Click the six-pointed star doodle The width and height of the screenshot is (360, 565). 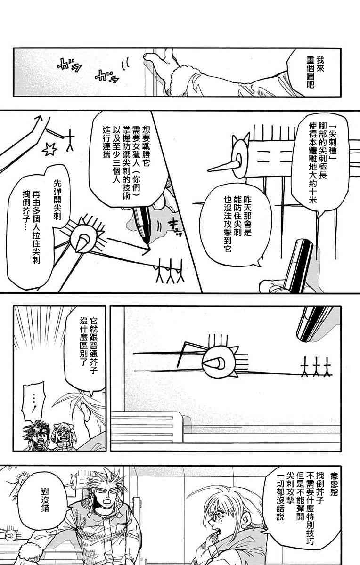click(50, 149)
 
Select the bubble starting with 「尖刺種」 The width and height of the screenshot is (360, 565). click(320, 164)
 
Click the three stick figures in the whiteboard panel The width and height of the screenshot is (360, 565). click(316, 367)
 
